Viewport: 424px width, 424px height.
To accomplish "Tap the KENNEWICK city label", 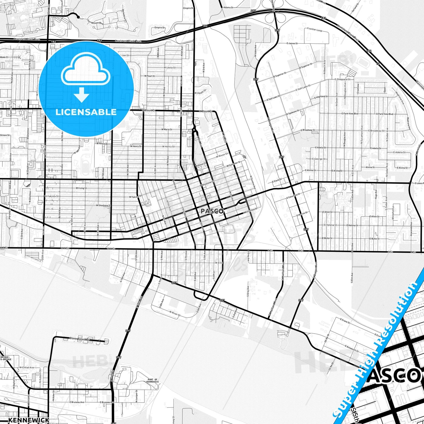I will (x=29, y=420).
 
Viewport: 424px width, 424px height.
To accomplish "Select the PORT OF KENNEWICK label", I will (x=152, y=381).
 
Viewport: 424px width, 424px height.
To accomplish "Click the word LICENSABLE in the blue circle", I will (x=86, y=112).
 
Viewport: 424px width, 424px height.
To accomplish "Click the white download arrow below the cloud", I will (x=82, y=95).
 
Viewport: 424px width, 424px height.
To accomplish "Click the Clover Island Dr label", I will (x=79, y=339).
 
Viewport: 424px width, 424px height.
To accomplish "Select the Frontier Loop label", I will (x=315, y=30).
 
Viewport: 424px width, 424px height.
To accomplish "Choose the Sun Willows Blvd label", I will (x=96, y=23).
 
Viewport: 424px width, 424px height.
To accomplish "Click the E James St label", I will (x=292, y=43).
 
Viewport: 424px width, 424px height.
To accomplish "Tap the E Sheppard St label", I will (x=342, y=79).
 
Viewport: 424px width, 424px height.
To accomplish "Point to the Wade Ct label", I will (x=4, y=58).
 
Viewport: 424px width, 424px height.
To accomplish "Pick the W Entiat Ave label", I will (x=27, y=367).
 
